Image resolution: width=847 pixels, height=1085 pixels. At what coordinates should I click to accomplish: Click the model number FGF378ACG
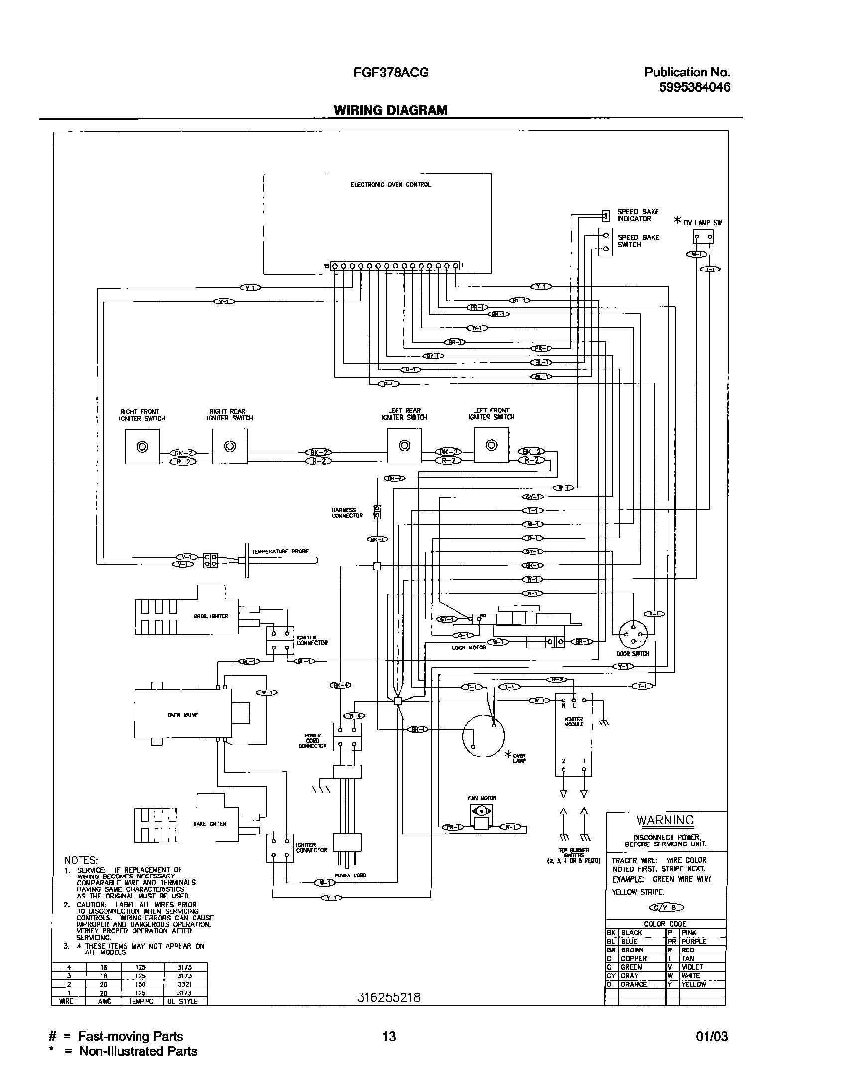coord(391,73)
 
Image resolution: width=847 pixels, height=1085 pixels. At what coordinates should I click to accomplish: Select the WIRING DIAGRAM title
coord(391,110)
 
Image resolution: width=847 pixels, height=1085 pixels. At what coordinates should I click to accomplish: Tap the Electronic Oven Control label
coord(391,185)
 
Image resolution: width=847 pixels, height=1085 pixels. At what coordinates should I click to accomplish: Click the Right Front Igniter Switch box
coord(142,447)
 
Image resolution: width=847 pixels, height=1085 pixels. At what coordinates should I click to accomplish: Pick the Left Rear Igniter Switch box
coord(404,446)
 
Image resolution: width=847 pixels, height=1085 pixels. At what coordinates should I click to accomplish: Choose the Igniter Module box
coord(573,734)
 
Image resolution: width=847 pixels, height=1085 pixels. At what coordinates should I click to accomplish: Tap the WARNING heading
coord(665,819)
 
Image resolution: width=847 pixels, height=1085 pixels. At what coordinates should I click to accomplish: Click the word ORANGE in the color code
coord(634,984)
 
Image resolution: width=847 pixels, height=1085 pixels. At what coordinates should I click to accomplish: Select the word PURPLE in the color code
coord(694,941)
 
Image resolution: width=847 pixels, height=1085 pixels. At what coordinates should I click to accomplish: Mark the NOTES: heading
coord(81,861)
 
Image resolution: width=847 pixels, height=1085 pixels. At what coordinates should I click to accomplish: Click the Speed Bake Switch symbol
coord(605,242)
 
